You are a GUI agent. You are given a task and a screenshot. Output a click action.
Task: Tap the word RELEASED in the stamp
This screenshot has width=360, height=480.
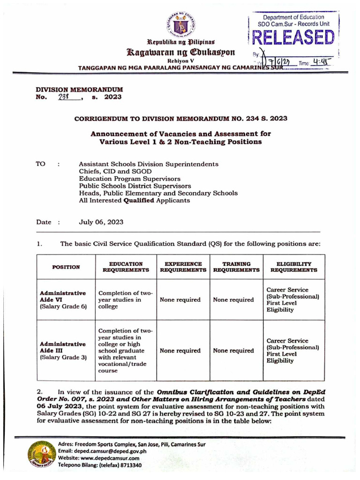click(292, 38)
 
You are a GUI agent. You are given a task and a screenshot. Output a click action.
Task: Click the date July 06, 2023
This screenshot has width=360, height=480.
click(101, 222)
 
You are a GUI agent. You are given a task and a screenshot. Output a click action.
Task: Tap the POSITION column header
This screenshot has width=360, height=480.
click(66, 267)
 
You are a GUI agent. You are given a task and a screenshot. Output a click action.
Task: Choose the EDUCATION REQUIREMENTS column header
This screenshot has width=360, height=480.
click(126, 267)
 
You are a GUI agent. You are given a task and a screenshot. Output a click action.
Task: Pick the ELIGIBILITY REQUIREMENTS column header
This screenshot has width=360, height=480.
click(294, 267)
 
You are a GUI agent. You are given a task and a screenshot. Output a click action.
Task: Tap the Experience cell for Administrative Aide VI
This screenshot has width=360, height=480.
click(180, 300)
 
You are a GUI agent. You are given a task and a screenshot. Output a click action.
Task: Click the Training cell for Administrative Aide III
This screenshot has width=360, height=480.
click(233, 351)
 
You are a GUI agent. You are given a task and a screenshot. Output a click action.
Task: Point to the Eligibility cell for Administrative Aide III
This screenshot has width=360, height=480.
click(292, 351)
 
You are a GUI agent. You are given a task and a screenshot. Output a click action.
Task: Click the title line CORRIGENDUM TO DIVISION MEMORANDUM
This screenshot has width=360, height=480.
click(180, 119)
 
